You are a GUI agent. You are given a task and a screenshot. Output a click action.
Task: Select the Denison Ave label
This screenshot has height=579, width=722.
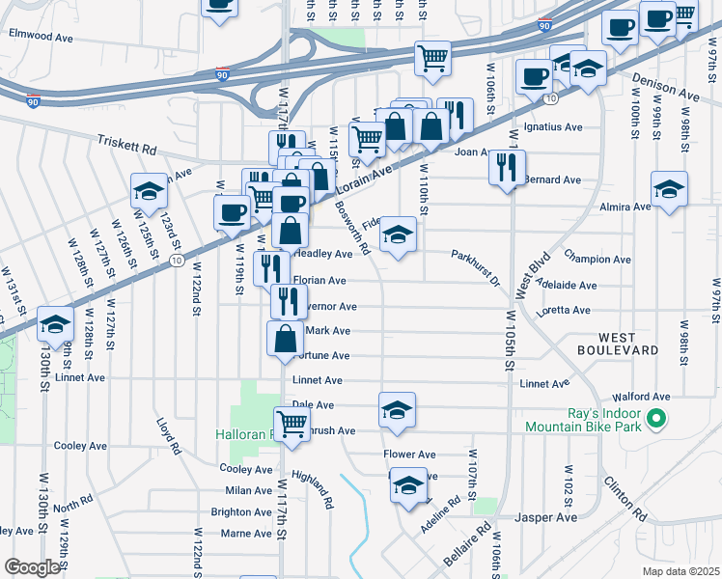coord(664,89)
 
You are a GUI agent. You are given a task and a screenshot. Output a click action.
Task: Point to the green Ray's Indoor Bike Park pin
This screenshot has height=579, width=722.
coord(657,419)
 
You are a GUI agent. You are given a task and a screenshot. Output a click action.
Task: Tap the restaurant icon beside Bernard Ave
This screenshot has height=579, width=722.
coord(506,168)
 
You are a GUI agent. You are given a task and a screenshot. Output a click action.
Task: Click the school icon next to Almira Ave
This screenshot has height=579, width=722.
coord(669,190)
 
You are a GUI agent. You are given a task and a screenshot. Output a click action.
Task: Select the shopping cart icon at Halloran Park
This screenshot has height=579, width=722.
coord(291,422)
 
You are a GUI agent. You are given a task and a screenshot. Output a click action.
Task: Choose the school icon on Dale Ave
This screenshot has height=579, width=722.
coord(397,410)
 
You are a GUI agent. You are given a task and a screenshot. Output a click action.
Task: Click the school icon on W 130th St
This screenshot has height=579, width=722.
coord(56,323)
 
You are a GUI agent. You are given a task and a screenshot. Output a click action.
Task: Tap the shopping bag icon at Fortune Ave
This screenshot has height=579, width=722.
coord(286,339)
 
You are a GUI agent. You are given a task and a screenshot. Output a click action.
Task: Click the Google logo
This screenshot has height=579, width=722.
coord(32,567)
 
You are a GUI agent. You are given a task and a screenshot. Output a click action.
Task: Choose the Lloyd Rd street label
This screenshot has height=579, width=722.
coord(170,435)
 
